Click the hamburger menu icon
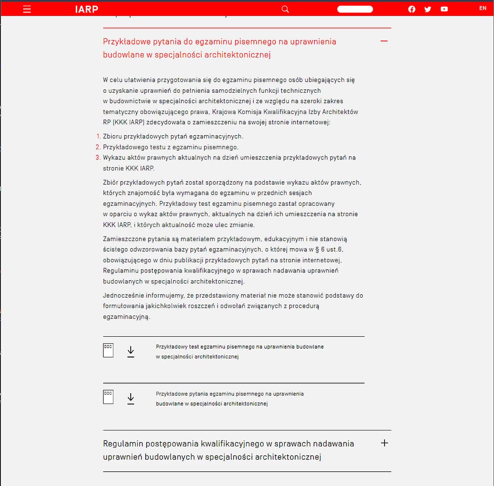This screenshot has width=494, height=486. click(x=27, y=9)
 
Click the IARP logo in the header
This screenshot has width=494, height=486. click(x=87, y=9)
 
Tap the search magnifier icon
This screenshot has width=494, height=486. click(x=285, y=9)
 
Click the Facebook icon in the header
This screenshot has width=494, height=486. click(x=412, y=9)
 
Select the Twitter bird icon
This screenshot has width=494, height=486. click(x=427, y=9)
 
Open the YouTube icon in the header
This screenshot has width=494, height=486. click(x=444, y=9)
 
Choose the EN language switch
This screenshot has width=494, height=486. click(x=482, y=8)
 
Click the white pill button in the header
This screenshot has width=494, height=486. click(x=355, y=9)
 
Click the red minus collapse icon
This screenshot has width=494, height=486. click(x=384, y=41)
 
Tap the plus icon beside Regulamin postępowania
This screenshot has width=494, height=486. click(x=384, y=443)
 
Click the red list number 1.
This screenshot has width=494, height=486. click(x=98, y=137)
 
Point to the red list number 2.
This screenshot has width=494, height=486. click(x=98, y=147)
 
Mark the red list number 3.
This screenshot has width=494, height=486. click(x=98, y=157)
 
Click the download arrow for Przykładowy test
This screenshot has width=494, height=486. click(x=131, y=352)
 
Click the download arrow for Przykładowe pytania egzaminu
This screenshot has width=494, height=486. click(x=131, y=399)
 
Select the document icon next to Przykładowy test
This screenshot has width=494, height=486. click(x=108, y=350)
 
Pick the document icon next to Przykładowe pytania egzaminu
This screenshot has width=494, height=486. click(x=108, y=397)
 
